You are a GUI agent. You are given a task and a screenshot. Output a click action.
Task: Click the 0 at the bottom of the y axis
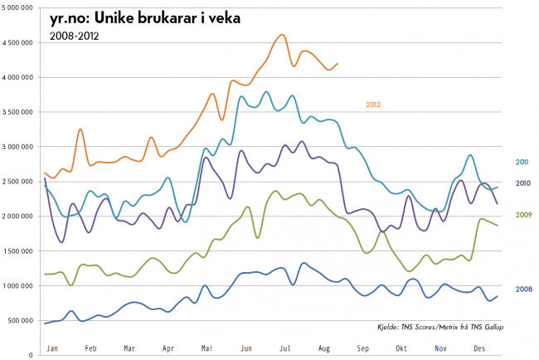[30, 355]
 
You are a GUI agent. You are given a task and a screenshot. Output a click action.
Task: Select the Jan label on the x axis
[51, 349]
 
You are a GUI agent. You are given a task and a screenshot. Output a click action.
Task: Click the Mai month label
[206, 349]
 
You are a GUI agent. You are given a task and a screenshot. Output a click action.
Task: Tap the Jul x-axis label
[284, 349]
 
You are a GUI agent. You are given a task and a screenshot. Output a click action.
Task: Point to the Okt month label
[401, 349]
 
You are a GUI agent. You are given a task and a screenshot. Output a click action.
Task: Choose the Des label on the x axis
[478, 349]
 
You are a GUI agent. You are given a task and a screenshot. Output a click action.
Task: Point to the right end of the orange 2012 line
[337, 63]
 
